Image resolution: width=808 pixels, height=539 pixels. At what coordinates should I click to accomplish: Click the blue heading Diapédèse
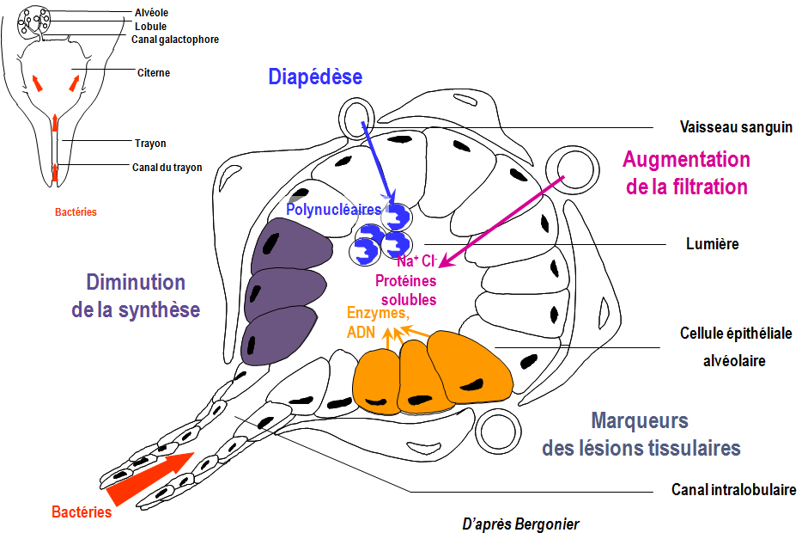point(315,77)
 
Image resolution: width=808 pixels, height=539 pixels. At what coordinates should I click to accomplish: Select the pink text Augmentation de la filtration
point(686,173)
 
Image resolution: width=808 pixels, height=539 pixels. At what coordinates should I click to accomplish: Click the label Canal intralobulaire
point(733,490)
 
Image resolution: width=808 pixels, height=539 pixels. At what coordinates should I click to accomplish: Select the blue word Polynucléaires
point(333,209)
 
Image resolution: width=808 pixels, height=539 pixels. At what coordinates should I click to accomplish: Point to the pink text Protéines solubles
point(405,290)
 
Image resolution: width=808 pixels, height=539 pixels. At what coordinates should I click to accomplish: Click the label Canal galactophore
point(175,39)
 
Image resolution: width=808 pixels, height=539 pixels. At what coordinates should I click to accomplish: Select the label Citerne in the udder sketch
point(153,73)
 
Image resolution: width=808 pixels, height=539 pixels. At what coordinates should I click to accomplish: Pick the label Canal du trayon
point(167,167)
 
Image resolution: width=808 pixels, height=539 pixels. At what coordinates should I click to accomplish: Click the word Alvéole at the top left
point(152,13)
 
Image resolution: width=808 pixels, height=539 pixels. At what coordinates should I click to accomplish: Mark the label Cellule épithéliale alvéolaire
point(735,346)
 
